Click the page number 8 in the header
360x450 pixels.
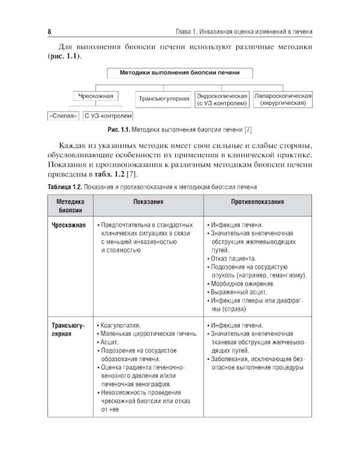click(x=48, y=31)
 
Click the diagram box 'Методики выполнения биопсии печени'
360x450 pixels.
click(x=180, y=73)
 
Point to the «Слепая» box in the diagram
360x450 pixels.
click(x=63, y=116)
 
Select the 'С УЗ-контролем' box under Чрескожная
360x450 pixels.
click(x=108, y=116)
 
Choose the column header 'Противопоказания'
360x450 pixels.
click(x=257, y=203)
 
